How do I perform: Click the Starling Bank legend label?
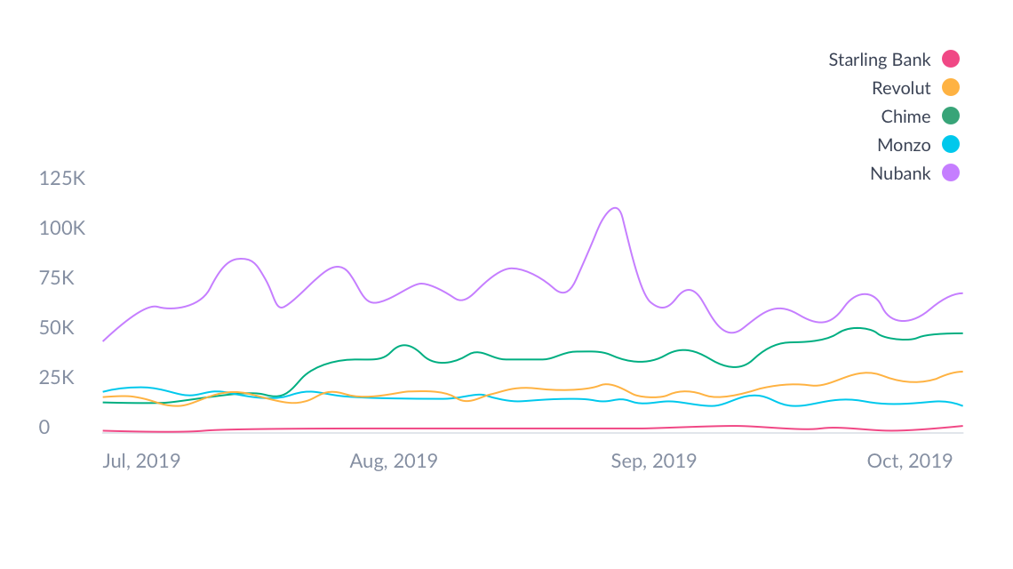tap(879, 60)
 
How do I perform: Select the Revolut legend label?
tap(901, 88)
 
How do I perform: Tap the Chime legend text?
tap(905, 116)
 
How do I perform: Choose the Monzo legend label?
tap(904, 145)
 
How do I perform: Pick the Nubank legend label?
tap(900, 173)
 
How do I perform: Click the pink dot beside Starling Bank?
tap(951, 60)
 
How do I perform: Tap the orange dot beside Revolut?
tap(951, 88)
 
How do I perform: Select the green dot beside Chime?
tap(951, 116)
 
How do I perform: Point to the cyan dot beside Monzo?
tap(951, 145)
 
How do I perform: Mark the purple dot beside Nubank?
tap(951, 173)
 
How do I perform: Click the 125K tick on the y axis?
tap(61, 179)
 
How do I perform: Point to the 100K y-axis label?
tap(61, 228)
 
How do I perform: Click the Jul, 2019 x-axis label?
tap(140, 461)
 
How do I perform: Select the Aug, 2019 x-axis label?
tap(393, 461)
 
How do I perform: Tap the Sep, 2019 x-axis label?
tap(653, 461)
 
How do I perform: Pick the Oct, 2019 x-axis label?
tap(910, 461)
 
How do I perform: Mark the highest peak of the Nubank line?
tap(615, 208)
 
